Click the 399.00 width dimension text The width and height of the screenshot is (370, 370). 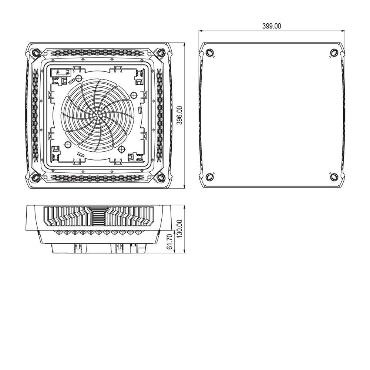(272, 26)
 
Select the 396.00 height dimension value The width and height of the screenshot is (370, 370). (179, 115)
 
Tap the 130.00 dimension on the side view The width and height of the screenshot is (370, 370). (179, 229)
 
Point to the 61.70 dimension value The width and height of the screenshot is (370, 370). (170, 242)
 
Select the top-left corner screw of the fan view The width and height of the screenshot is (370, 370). (35, 53)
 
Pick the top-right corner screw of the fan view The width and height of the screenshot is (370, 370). (161, 53)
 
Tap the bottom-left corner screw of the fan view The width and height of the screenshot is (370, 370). (35, 178)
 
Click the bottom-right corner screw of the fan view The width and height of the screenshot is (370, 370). (161, 178)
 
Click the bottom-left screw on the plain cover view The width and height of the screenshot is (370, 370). (210, 176)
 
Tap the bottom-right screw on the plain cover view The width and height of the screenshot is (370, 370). (333, 176)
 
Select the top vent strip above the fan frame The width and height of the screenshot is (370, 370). (97, 53)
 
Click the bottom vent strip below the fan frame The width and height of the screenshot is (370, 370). (97, 178)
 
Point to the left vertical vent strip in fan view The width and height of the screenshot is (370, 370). (35, 115)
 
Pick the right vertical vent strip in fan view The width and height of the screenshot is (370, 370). (160, 115)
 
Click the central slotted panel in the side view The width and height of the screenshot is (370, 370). (98, 216)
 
